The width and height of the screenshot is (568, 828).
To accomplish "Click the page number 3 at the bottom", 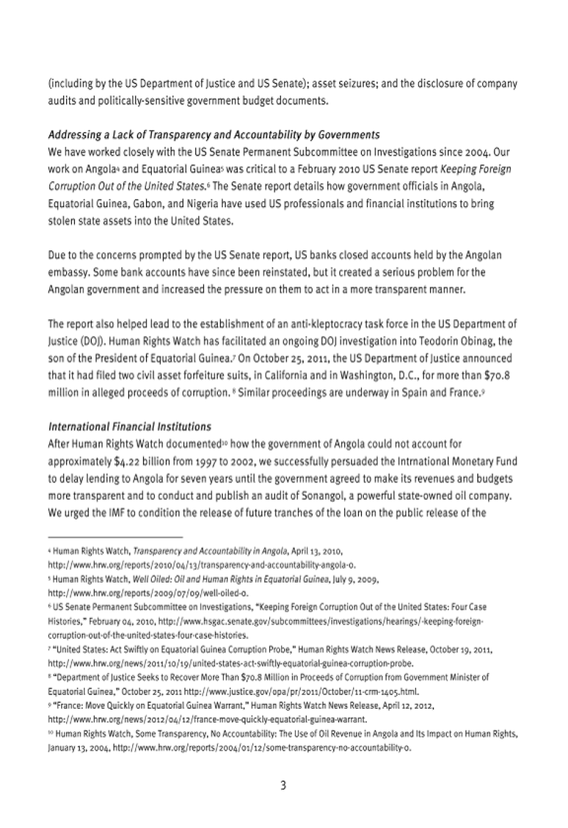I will (x=283, y=785).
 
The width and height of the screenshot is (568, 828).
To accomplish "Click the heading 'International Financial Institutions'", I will (x=129, y=427).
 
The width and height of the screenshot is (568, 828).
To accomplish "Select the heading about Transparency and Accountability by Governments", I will (x=213, y=134).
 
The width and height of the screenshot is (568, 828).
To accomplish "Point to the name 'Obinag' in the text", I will (x=476, y=341).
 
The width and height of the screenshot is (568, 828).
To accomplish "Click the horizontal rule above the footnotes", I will (x=115, y=536).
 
